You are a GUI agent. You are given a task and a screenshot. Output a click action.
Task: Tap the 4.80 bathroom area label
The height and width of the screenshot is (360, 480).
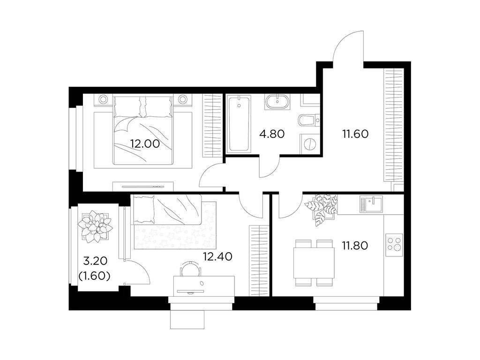[x=272, y=134]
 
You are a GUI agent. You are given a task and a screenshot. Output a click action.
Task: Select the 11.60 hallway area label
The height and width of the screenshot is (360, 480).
[x=355, y=134]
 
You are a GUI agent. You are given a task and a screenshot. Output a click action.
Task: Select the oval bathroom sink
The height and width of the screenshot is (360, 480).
[x=277, y=101]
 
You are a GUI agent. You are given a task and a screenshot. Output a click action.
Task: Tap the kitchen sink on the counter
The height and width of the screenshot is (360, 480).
[x=371, y=204]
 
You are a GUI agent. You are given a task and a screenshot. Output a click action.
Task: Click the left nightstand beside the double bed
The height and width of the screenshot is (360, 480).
[x=103, y=99]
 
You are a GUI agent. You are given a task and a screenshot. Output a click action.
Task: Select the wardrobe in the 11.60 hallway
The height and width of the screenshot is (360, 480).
[x=393, y=125]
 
